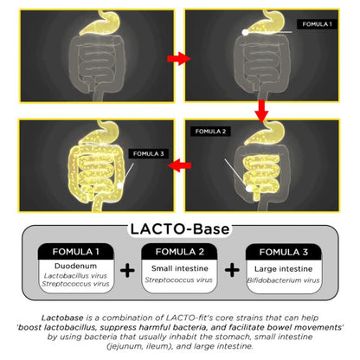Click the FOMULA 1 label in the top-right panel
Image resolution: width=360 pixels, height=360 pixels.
pyautogui.click(x=317, y=24)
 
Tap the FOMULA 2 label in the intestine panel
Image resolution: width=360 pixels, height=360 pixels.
pyautogui.click(x=210, y=132)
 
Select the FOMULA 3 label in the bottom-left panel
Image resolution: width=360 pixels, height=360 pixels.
pyautogui.click(x=149, y=154)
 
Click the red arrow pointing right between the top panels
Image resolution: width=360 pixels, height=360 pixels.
pyautogui.click(x=179, y=59)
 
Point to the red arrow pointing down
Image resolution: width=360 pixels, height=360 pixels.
pyautogui.click(x=261, y=112)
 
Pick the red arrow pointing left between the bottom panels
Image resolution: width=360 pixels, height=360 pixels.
pyautogui.click(x=179, y=165)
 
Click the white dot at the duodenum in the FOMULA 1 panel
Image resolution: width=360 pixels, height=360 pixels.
pyautogui.click(x=245, y=32)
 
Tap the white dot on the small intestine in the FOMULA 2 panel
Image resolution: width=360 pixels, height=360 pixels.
pyautogui.click(x=249, y=189)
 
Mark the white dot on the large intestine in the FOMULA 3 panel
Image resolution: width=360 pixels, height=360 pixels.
pyautogui.click(x=120, y=185)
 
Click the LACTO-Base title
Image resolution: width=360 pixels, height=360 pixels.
pyautogui.click(x=180, y=229)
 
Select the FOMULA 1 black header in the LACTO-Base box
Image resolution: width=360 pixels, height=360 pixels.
pyautogui.click(x=76, y=252)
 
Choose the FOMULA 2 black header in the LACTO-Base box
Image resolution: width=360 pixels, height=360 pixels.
pyautogui.click(x=179, y=252)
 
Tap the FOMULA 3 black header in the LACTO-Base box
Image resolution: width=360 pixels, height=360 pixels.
pyautogui.click(x=284, y=252)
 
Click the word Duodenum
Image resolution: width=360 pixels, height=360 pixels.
pyautogui.click(x=75, y=266)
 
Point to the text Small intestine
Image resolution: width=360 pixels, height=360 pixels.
pyautogui.click(x=180, y=268)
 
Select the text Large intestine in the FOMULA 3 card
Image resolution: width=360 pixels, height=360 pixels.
pyautogui.click(x=283, y=269)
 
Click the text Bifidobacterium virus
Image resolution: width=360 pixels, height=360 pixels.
pyautogui.click(x=283, y=280)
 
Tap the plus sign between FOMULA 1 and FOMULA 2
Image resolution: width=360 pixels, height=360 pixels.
pyautogui.click(x=127, y=270)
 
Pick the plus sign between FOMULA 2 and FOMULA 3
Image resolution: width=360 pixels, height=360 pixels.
pyautogui.click(x=232, y=270)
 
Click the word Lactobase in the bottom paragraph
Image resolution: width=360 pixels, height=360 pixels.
pyautogui.click(x=62, y=318)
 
